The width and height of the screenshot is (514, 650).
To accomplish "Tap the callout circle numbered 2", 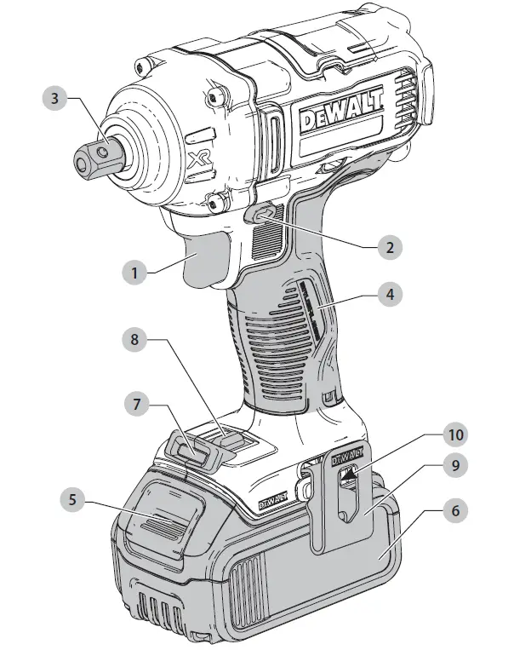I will point(390,247).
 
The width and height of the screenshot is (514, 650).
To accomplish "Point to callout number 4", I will point(390,296).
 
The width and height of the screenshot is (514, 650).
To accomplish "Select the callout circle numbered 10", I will point(457,434).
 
